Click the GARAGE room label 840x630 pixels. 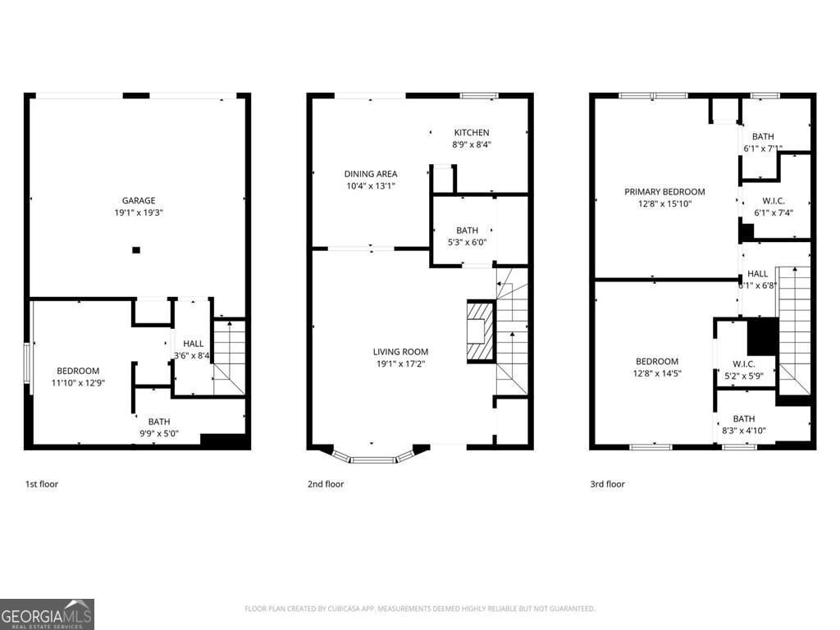click(x=139, y=200)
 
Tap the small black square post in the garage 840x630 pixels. click(x=136, y=249)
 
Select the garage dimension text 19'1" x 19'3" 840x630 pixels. click(x=139, y=212)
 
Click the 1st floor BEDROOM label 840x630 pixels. click(x=78, y=371)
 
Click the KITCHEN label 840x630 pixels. click(x=472, y=132)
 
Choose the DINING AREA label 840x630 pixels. click(x=371, y=174)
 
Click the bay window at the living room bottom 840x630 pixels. click(x=373, y=454)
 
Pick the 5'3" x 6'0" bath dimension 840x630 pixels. click(x=467, y=242)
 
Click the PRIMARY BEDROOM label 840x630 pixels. click(x=664, y=192)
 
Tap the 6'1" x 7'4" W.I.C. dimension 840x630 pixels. click(x=773, y=212)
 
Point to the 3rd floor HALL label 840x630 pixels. click(x=757, y=274)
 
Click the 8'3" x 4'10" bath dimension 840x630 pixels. click(x=744, y=430)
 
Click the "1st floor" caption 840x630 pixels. click(x=41, y=484)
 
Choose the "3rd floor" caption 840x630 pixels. click(x=608, y=484)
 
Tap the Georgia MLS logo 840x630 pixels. click(x=47, y=614)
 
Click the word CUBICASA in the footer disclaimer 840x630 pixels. click(x=337, y=609)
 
